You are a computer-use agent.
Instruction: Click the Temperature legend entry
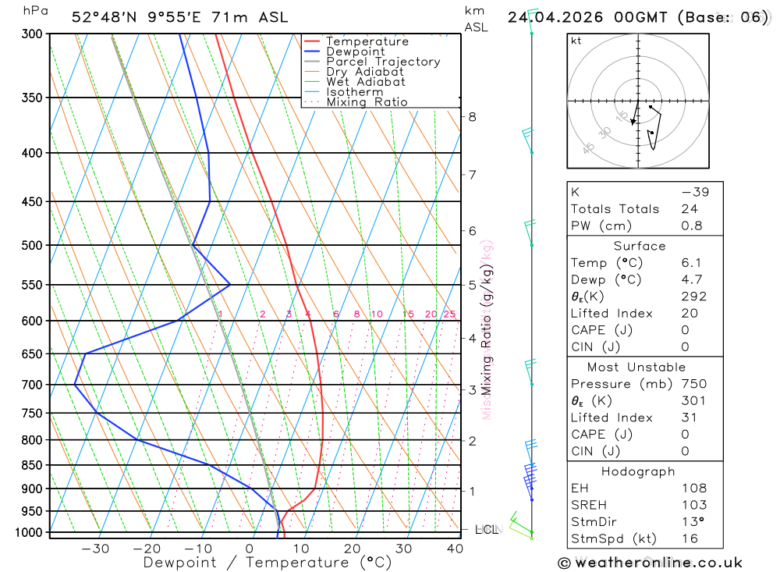367,41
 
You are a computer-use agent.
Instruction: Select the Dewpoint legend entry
355,52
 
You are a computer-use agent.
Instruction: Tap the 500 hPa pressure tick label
32,245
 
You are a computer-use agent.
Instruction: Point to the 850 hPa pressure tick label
32,465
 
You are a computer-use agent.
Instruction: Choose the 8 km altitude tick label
472,117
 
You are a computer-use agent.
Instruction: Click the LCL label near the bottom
486,530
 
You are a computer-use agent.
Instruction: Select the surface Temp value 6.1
692,263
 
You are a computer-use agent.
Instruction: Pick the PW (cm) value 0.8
692,226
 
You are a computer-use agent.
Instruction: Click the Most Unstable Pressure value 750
693,384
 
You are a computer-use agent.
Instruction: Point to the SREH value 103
693,505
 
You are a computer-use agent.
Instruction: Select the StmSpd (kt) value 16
690,538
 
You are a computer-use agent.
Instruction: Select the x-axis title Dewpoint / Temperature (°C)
267,563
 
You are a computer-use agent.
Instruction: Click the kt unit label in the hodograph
576,41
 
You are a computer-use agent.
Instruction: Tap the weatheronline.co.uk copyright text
650,563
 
